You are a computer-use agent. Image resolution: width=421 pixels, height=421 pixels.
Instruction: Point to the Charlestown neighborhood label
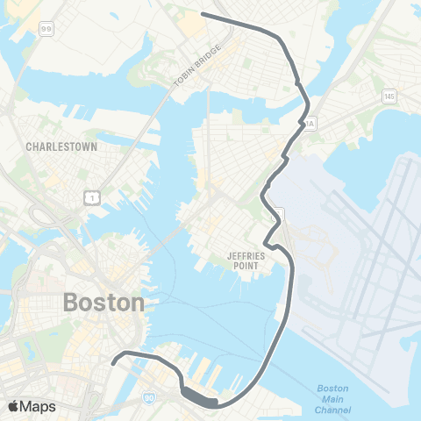(61, 146)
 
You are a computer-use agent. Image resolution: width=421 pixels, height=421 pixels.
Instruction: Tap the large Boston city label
(103, 303)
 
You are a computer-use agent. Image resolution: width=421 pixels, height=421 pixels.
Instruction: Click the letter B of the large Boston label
(72, 303)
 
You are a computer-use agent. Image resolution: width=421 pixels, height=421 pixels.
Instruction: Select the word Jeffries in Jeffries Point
(233, 257)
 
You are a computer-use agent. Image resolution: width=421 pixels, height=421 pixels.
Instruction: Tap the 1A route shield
(309, 124)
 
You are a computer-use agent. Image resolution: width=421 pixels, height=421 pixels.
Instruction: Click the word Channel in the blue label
(333, 410)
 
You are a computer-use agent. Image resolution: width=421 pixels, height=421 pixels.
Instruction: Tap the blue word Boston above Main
(332, 389)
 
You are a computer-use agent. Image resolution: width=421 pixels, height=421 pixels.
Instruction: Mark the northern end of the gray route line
(203, 14)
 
